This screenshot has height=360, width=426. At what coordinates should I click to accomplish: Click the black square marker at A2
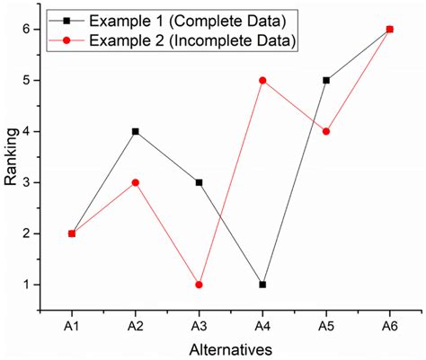click(x=135, y=131)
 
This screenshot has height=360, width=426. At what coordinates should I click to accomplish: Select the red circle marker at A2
click(x=135, y=182)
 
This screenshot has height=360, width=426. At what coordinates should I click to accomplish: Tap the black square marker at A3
click(x=199, y=182)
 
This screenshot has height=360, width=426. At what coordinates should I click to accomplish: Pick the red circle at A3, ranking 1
click(x=199, y=285)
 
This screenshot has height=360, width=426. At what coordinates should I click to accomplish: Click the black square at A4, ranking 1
click(x=262, y=285)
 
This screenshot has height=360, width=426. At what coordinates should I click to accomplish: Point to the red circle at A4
click(x=262, y=80)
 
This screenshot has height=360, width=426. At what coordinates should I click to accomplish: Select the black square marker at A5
click(x=326, y=80)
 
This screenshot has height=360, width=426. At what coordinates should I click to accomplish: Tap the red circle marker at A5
click(x=326, y=131)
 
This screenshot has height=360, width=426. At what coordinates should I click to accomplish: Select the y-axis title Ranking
click(x=12, y=157)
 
